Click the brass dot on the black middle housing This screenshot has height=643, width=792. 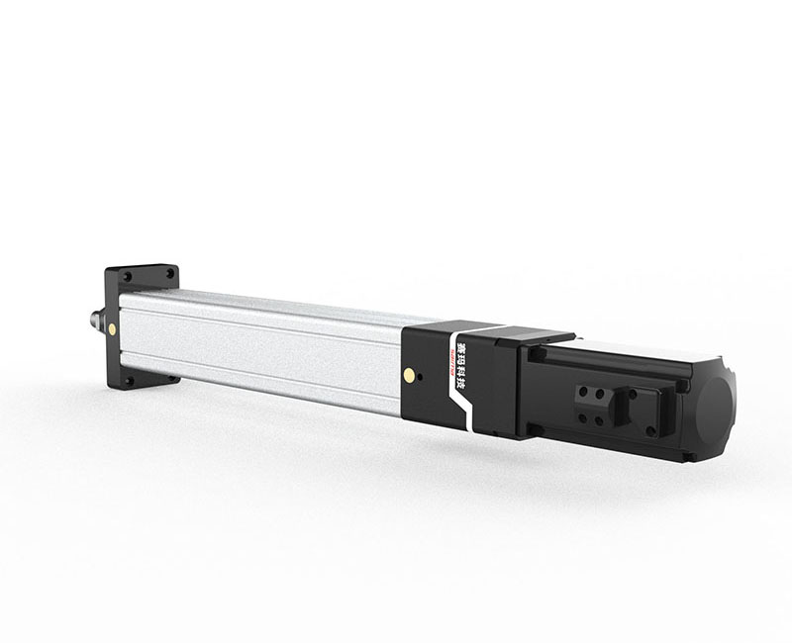[408, 373]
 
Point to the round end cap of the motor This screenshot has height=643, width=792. [716, 403]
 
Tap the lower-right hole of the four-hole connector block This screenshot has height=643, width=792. [600, 420]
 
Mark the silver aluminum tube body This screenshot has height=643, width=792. [267, 346]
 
